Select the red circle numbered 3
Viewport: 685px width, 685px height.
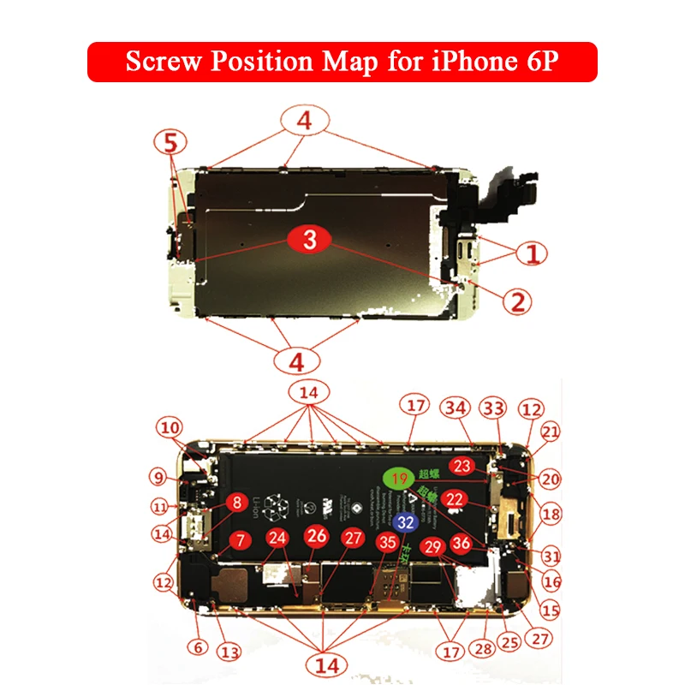point(309,240)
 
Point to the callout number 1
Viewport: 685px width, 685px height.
point(532,253)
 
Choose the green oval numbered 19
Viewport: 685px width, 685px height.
point(397,477)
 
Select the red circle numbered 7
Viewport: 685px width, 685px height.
point(241,540)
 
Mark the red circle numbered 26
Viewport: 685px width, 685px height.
point(317,537)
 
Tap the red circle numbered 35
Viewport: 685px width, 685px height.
point(388,541)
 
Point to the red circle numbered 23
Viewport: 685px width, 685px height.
point(462,466)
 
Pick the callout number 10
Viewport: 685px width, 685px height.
point(170,427)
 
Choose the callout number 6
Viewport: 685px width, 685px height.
point(199,648)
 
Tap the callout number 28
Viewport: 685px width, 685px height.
point(484,649)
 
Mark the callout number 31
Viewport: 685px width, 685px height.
point(551,555)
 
